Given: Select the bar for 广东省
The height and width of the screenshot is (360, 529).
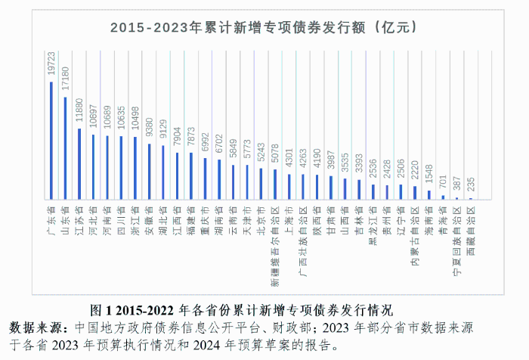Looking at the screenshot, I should click(51, 141).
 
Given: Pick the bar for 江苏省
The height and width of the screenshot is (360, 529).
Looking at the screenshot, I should click(79, 163).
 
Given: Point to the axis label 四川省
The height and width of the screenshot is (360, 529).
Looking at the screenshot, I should click(121, 216).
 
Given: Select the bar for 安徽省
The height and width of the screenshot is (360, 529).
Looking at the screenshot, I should click(149, 172).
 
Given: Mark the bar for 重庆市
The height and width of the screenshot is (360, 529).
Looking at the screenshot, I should click(205, 178).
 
